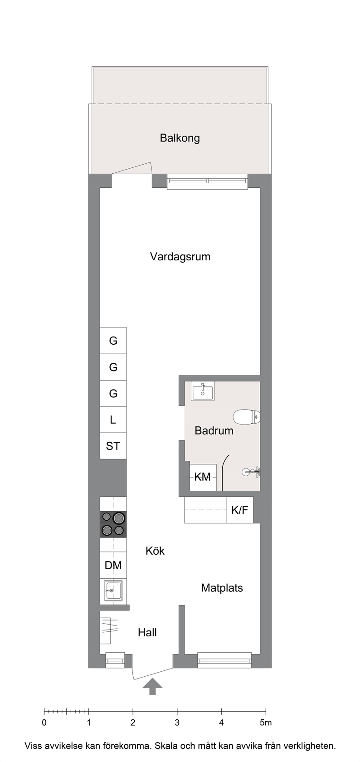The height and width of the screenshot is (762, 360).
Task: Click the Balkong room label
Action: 180,138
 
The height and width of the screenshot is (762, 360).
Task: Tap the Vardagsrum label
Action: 180,257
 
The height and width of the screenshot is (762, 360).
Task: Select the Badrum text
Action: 214,431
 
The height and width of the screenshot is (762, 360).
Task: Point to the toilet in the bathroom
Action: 247,417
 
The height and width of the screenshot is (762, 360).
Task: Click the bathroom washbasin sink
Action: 203,391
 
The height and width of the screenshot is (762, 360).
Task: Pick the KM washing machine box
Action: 203,477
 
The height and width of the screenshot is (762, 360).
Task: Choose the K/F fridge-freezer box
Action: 240,510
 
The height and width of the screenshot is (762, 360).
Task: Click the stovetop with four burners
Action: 113,524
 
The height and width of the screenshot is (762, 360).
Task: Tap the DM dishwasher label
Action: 113,565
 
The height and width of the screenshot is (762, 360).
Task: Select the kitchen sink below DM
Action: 113,590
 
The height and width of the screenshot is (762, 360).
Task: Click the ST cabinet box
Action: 113,445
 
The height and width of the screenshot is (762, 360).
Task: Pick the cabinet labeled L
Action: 113,420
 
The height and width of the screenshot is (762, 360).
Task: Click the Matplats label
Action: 222,588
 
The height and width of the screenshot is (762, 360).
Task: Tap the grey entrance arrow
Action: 152,686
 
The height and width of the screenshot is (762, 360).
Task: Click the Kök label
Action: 155,551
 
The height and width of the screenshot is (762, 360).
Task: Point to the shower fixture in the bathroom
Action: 252,472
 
